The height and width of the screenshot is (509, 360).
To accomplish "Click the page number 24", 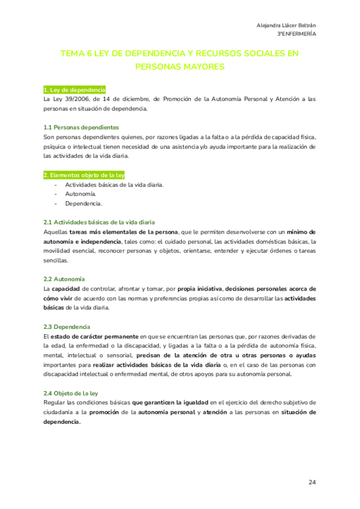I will (x=312, y=482).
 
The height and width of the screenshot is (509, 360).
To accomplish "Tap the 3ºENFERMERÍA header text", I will (x=293, y=34).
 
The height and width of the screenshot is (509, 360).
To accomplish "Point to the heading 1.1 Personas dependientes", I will (x=81, y=127).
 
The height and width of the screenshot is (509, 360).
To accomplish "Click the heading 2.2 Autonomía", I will (x=64, y=279).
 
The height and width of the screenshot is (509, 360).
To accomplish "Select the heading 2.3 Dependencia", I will (x=67, y=327).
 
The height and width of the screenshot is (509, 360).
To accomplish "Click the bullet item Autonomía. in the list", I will (x=80, y=194).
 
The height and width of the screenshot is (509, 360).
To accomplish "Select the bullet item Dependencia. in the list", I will (x=83, y=203).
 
